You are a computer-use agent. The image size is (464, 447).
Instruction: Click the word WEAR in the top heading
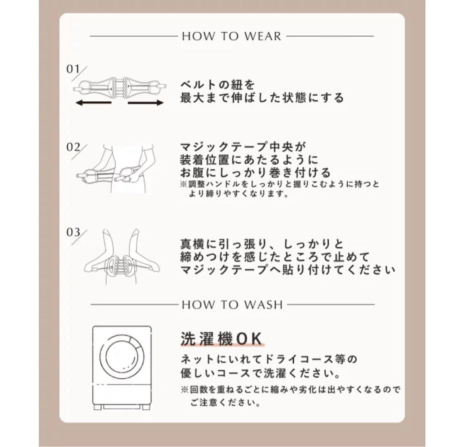[x=263, y=36]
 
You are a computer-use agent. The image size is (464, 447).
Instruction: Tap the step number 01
[x=73, y=69]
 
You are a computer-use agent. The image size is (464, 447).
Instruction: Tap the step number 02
[x=73, y=147]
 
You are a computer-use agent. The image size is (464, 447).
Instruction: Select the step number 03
[x=73, y=232]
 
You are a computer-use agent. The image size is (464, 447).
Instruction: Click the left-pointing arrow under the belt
[x=93, y=103]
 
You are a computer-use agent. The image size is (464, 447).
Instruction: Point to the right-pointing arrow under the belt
[x=146, y=103]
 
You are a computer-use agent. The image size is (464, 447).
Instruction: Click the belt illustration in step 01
[x=119, y=88]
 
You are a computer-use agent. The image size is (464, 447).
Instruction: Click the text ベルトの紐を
[x=217, y=85]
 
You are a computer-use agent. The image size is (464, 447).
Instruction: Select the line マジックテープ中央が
[x=242, y=147]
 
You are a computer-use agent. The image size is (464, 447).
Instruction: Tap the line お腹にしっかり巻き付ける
[x=255, y=172]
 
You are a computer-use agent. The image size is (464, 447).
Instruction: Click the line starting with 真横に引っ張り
[x=262, y=244]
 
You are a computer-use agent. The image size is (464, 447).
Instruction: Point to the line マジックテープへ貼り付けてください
[x=287, y=270]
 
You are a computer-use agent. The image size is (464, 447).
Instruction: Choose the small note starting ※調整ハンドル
[x=280, y=189]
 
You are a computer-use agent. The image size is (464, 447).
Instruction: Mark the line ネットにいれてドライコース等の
[x=269, y=359]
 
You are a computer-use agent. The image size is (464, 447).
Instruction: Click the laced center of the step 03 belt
[x=119, y=265]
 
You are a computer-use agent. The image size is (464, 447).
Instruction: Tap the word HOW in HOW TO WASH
[x=198, y=305]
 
